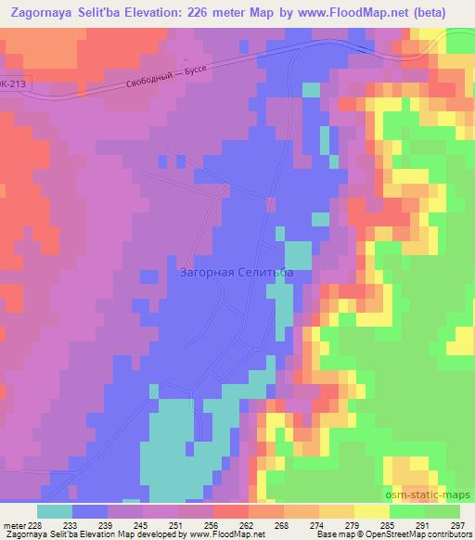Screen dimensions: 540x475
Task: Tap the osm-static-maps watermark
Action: (430, 495)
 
